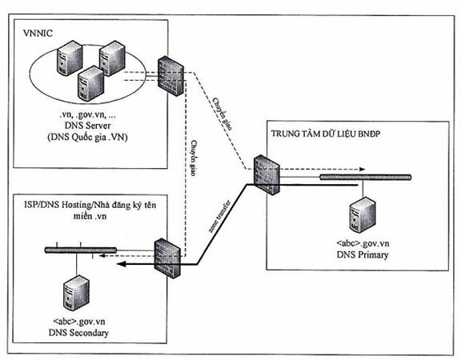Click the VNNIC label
pyautogui.click(x=38, y=33)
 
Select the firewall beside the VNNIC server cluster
pyautogui.click(x=170, y=76)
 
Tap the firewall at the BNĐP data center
pyautogui.click(x=267, y=175)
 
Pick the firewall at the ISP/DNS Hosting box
pyautogui.click(x=167, y=258)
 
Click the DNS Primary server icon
pyautogui.click(x=363, y=215)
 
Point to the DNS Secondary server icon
pyautogui.click(x=77, y=293)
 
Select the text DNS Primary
pyautogui.click(x=363, y=254)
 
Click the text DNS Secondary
pyautogui.click(x=78, y=333)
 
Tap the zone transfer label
pyautogui.click(x=219, y=216)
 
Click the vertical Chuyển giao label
pyautogui.click(x=193, y=158)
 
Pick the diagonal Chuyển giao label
pyautogui.click(x=222, y=114)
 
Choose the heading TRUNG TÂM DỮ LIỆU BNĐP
pyautogui.click(x=326, y=134)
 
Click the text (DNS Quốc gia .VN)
pyautogui.click(x=87, y=138)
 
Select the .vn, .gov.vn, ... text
pyautogui.click(x=87, y=115)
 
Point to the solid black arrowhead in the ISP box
pyautogui.click(x=122, y=264)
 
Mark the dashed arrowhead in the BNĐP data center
pyautogui.click(x=362, y=170)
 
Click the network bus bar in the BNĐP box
pyautogui.click(x=366, y=177)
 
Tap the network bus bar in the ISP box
pyautogui.click(x=81, y=250)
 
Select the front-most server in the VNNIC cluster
pyautogui.click(x=90, y=83)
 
